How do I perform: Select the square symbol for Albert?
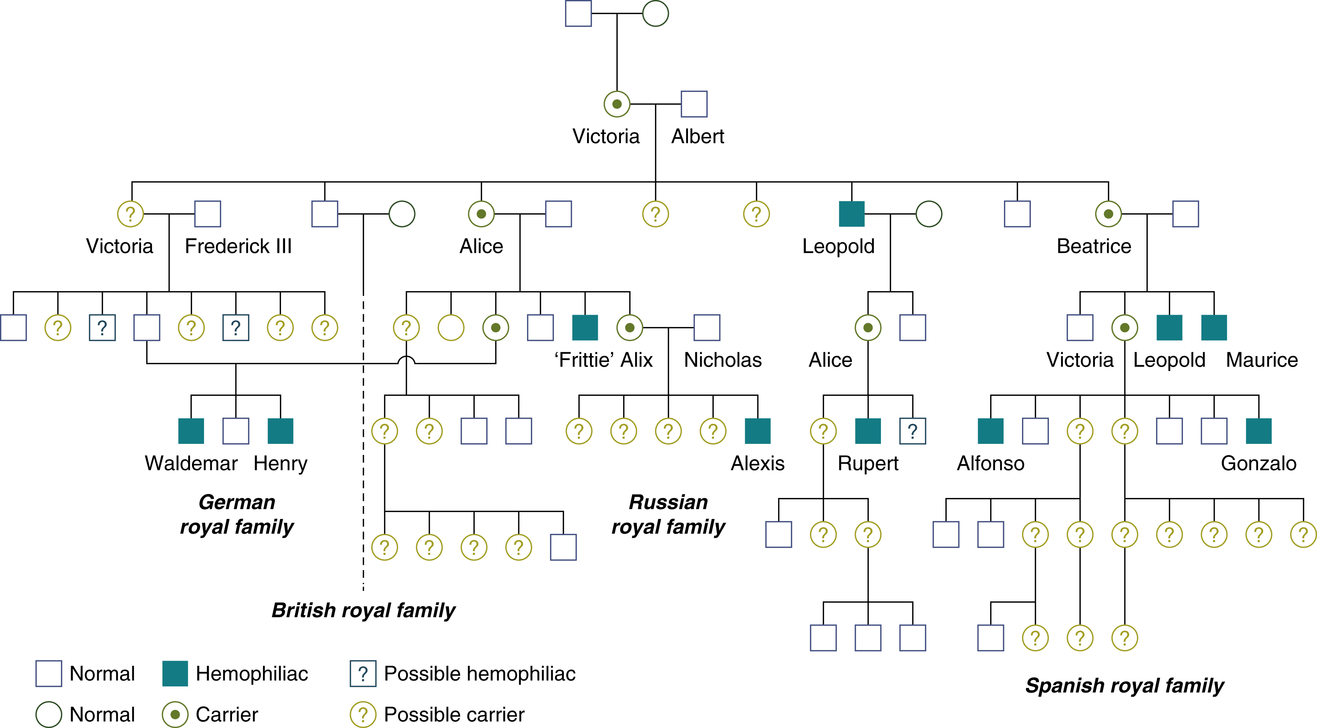[694, 104]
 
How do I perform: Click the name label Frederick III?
[238, 246]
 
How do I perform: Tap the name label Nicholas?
[723, 360]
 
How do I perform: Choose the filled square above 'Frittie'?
[585, 328]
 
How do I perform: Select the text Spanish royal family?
[1125, 686]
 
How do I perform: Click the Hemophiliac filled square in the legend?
[175, 673]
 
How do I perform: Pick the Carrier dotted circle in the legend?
[175, 714]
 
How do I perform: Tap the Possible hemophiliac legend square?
[363, 673]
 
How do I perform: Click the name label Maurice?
[1262, 360]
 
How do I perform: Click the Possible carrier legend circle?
[363, 714]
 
